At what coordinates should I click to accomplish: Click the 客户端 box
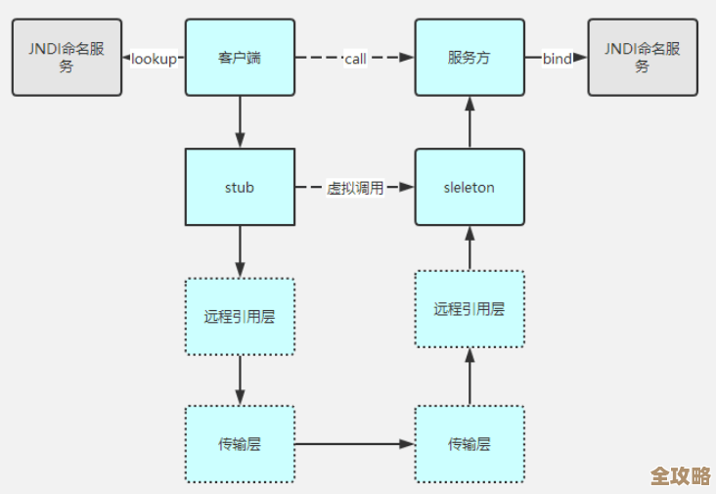[240, 58]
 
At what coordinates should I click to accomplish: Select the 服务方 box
[470, 58]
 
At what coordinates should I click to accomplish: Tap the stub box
[240, 187]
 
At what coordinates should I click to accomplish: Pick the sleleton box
[470, 187]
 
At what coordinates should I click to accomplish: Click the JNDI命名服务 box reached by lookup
[67, 58]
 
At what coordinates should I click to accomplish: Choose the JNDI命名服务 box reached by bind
[643, 58]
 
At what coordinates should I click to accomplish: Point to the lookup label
[154, 59]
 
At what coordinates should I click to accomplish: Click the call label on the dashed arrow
[355, 59]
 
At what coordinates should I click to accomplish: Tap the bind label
[557, 59]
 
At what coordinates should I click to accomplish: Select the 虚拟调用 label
[355, 188]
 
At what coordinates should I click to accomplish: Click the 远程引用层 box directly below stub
[240, 316]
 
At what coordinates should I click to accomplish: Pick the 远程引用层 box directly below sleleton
[470, 309]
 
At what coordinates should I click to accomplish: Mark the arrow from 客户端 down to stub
[240, 122]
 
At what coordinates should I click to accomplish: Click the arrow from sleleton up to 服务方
[470, 122]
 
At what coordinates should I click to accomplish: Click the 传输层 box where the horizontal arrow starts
[240, 444]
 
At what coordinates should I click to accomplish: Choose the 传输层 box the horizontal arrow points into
[470, 444]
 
